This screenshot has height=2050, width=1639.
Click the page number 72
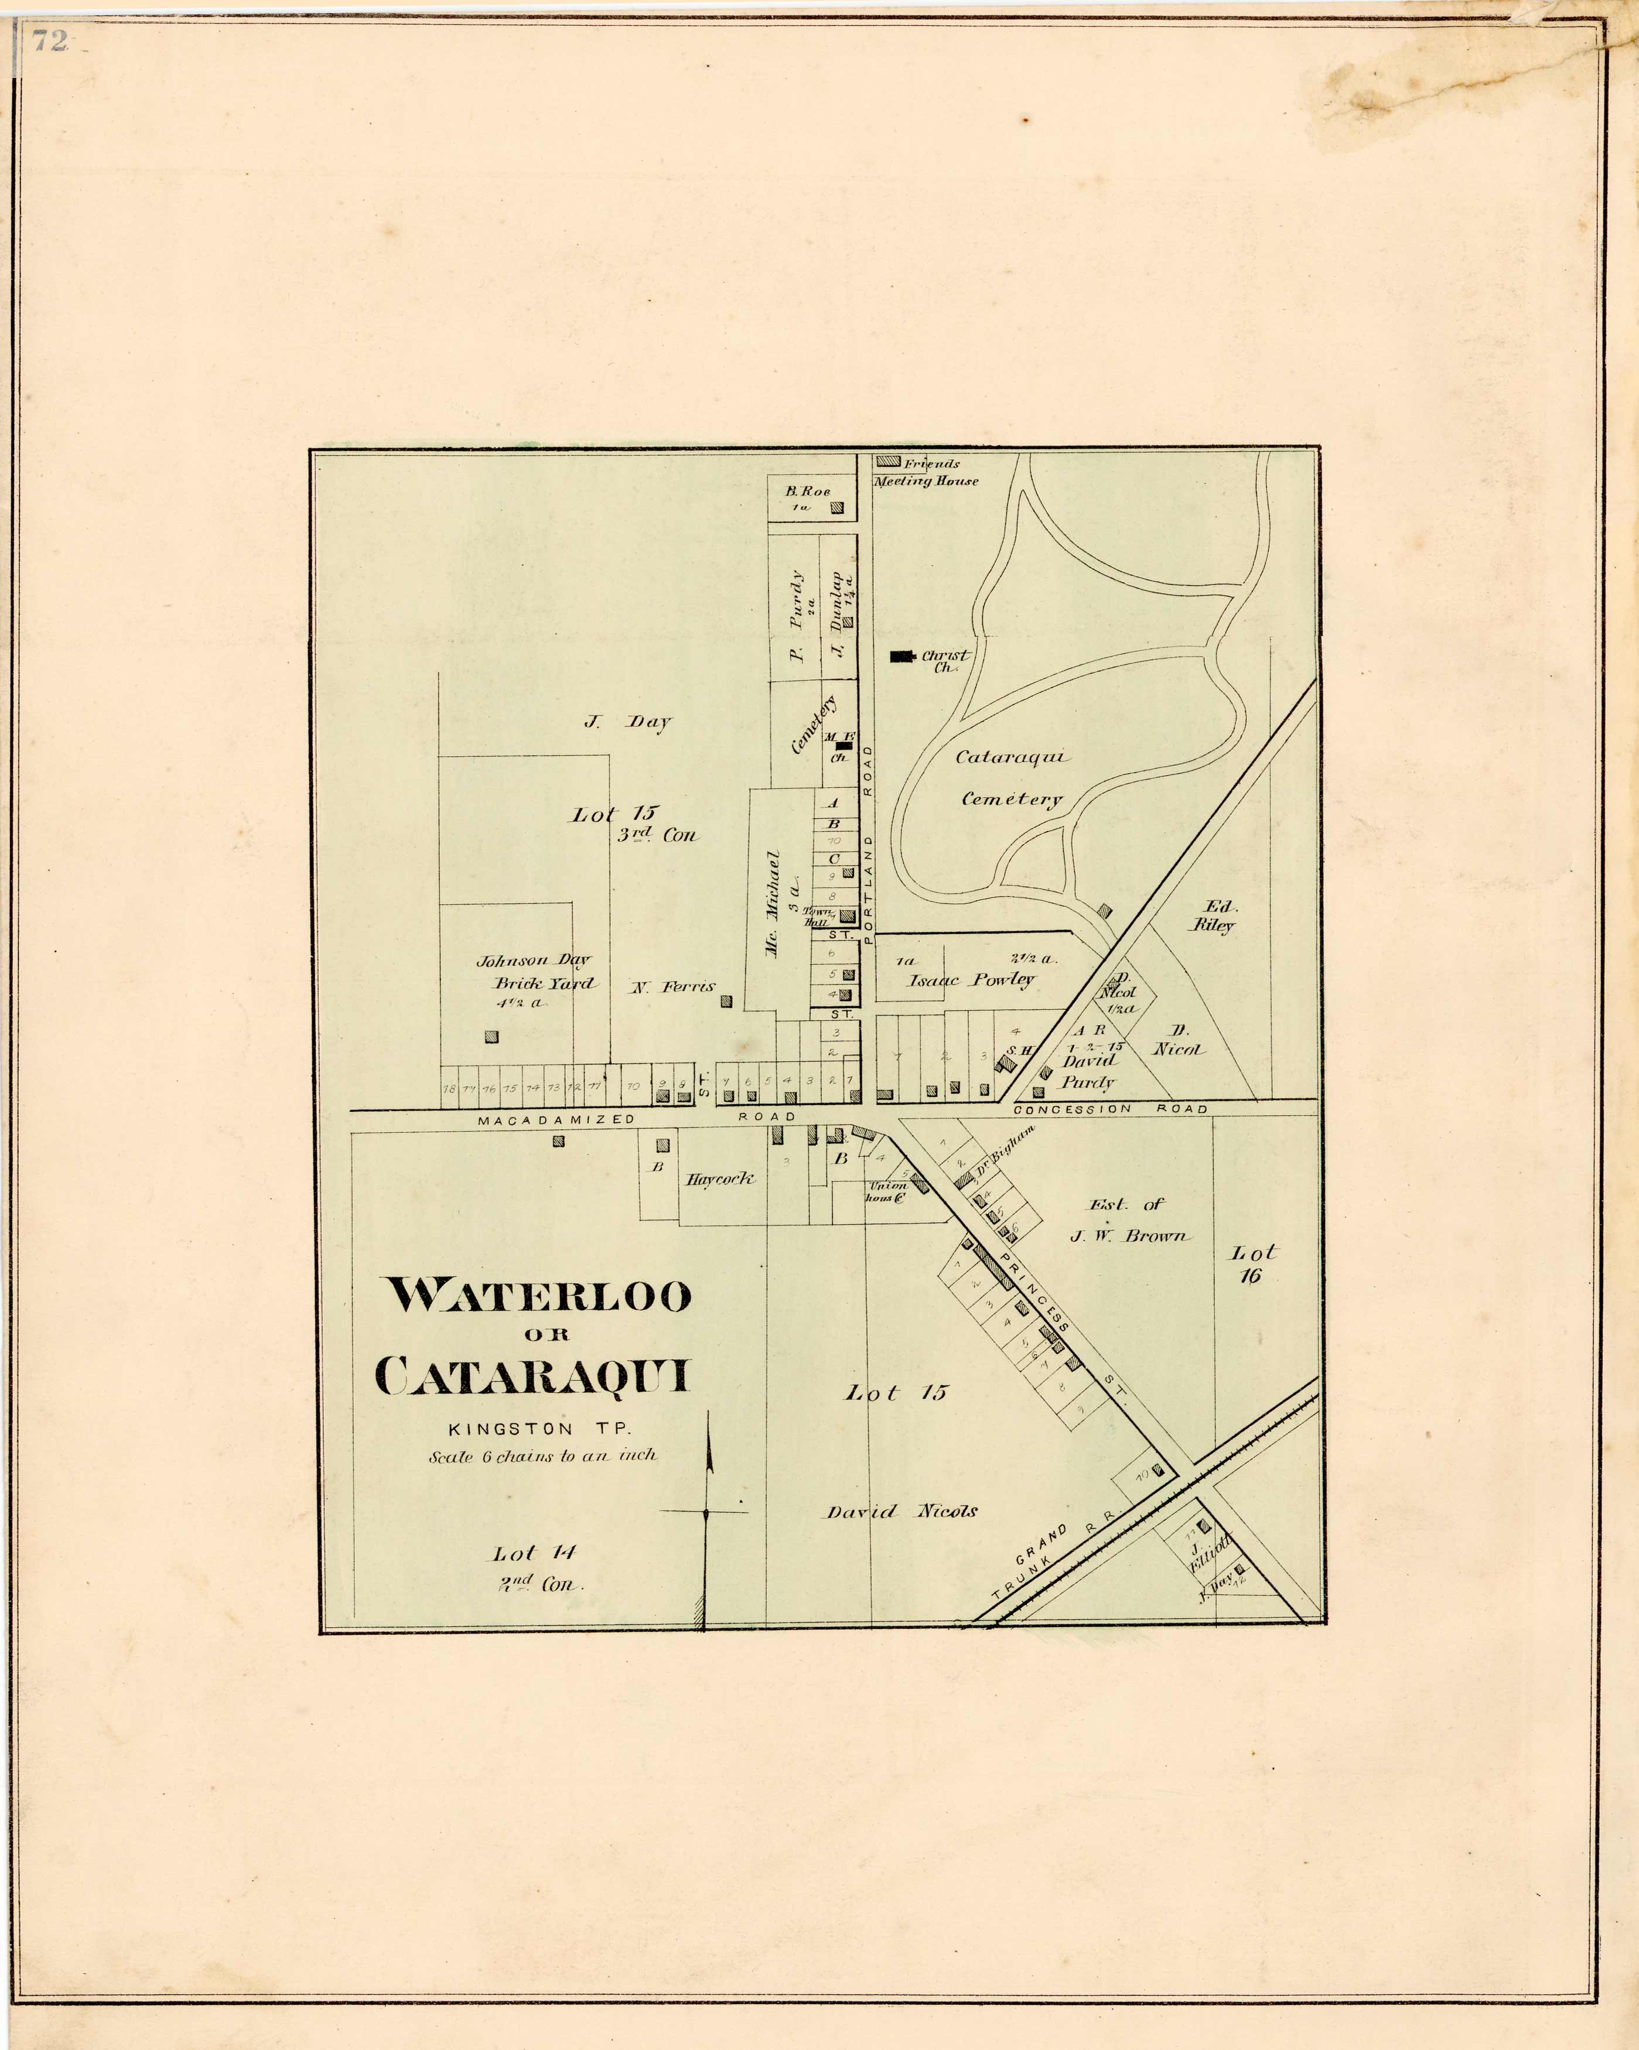point(49,41)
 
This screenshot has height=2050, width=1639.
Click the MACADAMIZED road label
point(556,1119)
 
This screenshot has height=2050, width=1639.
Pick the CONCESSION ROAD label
point(1111,1109)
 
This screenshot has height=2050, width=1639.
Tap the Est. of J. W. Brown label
point(1128,1220)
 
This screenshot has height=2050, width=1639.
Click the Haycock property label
point(720,1179)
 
